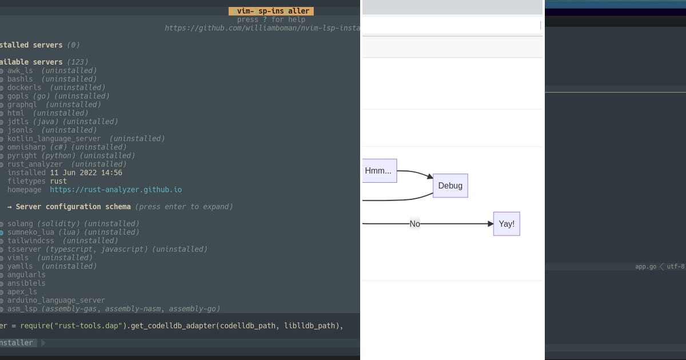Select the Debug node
[450, 186]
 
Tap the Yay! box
[506, 224]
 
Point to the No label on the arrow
[414, 224]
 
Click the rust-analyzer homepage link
[115, 190]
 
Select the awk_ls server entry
[20, 70]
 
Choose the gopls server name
[18, 96]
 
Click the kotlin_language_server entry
[54, 138]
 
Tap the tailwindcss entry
[30, 241]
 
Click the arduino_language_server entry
[56, 300]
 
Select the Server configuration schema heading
[73, 206]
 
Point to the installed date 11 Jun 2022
[86, 173]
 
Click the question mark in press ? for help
[265, 19]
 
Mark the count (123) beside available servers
[77, 62]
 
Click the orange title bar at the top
[272, 11]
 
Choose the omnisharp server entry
[26, 147]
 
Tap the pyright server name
[22, 155]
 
